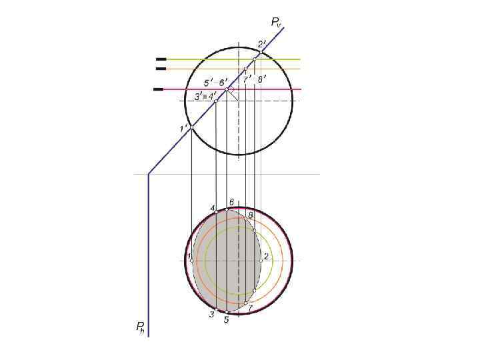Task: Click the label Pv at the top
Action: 275,22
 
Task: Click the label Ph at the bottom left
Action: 140,327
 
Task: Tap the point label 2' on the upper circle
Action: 262,45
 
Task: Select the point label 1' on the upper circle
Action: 183,128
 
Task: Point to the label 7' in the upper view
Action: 246,80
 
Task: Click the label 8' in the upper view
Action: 262,79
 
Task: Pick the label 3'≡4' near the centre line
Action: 205,96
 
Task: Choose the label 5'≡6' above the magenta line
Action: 216,83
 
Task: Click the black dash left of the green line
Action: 161,59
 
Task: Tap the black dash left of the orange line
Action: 161,69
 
